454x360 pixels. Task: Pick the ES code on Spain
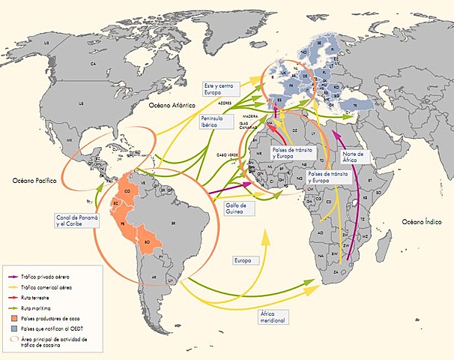pyautogui.click(x=280, y=98)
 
